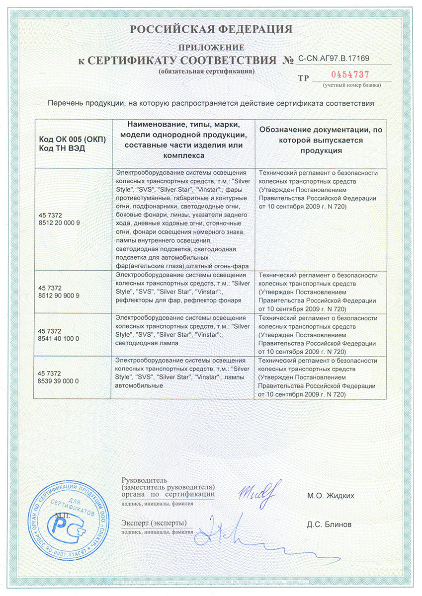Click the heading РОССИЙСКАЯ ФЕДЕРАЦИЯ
[211, 29]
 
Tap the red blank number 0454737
[350, 74]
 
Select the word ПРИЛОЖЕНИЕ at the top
[211, 48]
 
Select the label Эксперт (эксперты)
[154, 523]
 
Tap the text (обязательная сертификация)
[206, 72]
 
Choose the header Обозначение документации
[321, 130]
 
